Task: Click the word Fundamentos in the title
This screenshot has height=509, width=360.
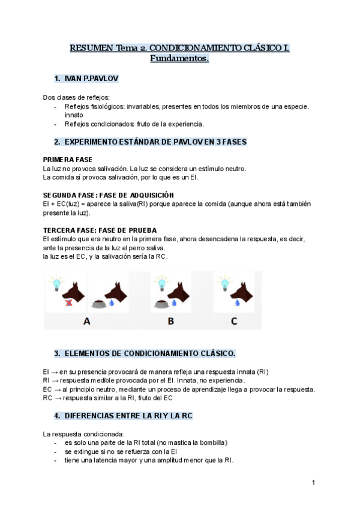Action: tap(179, 58)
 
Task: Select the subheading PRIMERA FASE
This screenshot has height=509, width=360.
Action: tap(68, 160)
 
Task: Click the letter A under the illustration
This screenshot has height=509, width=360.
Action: tap(87, 321)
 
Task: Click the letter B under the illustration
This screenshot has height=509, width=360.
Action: tap(170, 321)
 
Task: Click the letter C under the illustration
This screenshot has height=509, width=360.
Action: tap(234, 321)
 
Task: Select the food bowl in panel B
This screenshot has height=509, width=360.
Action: tap(160, 304)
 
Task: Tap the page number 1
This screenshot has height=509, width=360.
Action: tap(314, 482)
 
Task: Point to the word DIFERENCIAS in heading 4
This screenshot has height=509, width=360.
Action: tap(89, 415)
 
